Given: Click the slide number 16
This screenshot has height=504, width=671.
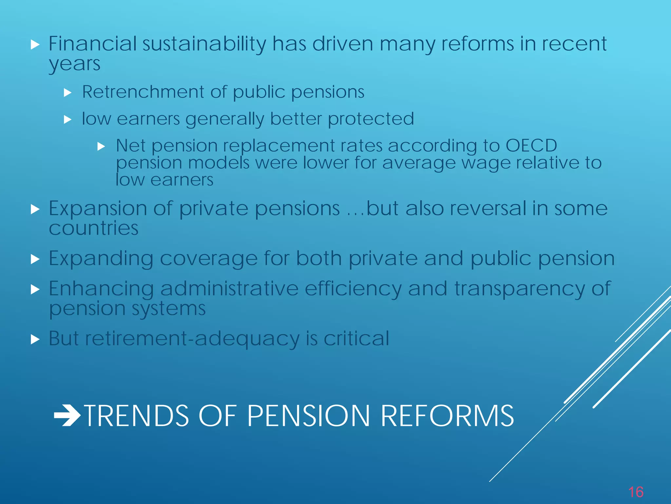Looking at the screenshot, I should pos(636,492).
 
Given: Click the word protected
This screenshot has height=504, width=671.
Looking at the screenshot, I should pos(371,118).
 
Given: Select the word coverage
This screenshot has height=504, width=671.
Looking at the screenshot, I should pos(209,259).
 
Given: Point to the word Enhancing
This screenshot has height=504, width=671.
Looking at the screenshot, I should pos(101,289).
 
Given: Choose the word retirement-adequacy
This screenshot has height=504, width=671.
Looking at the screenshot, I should pos(192,339).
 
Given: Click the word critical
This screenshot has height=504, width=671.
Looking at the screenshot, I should pos(356,338).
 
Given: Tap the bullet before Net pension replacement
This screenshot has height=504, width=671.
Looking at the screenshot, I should pos(101,146).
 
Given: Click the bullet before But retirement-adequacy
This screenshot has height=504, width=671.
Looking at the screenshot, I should pos(35,339).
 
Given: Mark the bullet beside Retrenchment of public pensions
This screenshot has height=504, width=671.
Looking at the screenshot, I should pos(67,93).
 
